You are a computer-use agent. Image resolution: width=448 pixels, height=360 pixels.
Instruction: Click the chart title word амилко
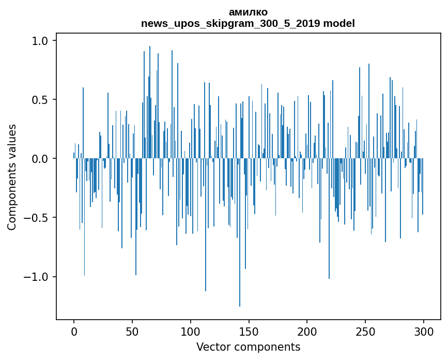[248, 12]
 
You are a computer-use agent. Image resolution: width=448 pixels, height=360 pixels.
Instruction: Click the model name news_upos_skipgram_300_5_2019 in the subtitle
[230, 23]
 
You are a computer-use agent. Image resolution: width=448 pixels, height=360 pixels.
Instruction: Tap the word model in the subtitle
[339, 23]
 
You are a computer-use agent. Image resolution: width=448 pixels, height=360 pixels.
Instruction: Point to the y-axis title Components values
[12, 177]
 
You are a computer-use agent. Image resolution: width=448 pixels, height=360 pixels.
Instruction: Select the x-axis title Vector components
[248, 347]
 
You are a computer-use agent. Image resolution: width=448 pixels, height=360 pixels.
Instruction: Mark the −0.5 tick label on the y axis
[36, 218]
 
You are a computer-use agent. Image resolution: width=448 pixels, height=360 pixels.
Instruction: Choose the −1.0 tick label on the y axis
[36, 277]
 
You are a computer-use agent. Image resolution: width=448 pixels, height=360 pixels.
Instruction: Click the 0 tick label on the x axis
[74, 332]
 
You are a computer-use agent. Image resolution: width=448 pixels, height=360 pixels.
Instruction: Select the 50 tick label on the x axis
[132, 332]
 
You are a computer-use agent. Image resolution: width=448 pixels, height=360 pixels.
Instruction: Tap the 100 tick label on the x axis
[190, 332]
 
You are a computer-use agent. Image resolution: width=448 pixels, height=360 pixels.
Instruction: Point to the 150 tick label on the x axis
[249, 332]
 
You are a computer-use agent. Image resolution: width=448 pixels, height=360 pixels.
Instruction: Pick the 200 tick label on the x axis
[307, 332]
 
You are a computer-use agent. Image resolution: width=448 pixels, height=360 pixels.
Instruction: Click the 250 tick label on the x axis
[365, 332]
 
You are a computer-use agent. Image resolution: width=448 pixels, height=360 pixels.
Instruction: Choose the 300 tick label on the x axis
[423, 332]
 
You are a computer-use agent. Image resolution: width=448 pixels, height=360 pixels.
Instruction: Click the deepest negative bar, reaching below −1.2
[240, 232]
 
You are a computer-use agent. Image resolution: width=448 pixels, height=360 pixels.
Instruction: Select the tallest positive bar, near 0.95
[150, 102]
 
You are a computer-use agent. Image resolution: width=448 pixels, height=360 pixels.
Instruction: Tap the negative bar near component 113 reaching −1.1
[206, 225]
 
